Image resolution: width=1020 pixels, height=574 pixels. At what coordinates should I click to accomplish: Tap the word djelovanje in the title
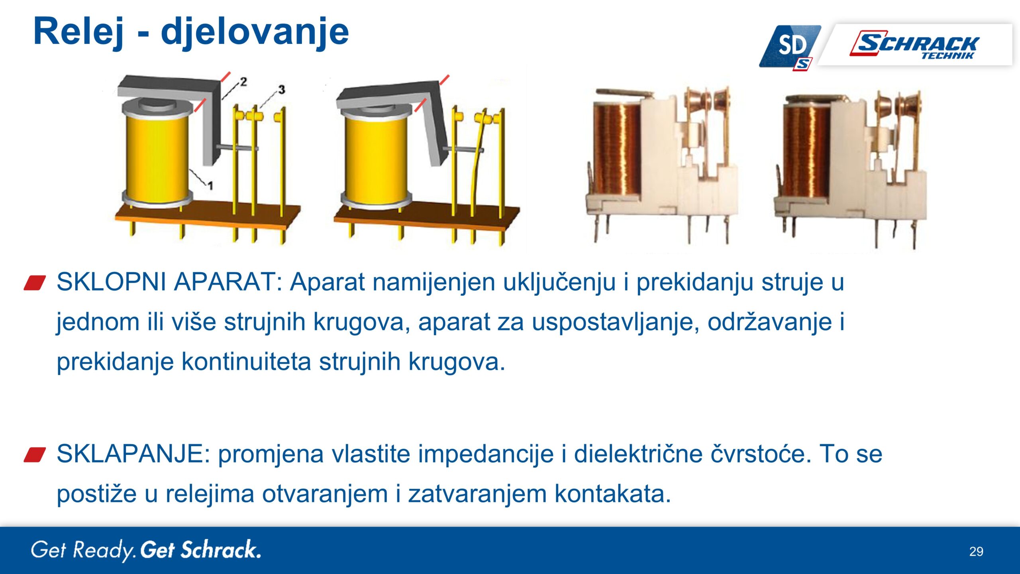tap(255, 33)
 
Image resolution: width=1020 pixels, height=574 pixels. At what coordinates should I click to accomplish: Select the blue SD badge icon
tap(790, 47)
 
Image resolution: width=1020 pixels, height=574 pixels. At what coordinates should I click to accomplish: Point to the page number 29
tap(976, 552)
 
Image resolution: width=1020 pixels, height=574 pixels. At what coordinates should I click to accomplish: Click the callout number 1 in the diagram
tap(210, 185)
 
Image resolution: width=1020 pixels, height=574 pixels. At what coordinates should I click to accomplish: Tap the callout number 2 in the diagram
tap(243, 82)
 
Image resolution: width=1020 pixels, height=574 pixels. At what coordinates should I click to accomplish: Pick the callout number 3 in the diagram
tap(282, 90)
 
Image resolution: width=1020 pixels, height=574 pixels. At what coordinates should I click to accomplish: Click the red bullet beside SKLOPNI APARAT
tap(35, 283)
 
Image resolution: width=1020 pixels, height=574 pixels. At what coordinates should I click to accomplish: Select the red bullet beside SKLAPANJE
tap(35, 455)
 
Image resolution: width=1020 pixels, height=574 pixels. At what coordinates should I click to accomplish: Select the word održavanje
tap(770, 322)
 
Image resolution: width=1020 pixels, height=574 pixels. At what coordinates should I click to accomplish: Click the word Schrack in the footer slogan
tap(221, 550)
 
